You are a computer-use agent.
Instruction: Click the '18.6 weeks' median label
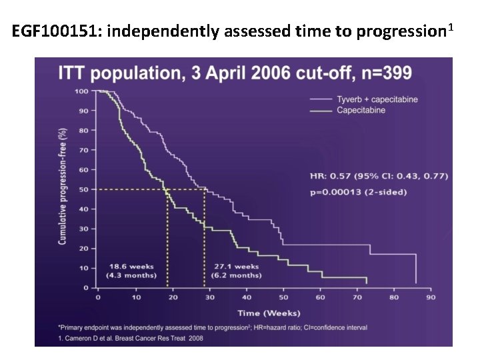(x=131, y=267)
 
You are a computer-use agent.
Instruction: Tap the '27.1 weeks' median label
(x=236, y=267)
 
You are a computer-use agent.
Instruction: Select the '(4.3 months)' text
(x=131, y=275)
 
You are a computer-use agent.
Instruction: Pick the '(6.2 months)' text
(x=236, y=275)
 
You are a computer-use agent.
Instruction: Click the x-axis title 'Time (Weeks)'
(x=269, y=313)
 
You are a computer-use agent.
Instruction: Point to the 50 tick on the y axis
(x=84, y=189)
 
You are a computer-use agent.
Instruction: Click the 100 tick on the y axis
(x=81, y=91)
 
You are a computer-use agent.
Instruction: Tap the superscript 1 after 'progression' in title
(x=451, y=27)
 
